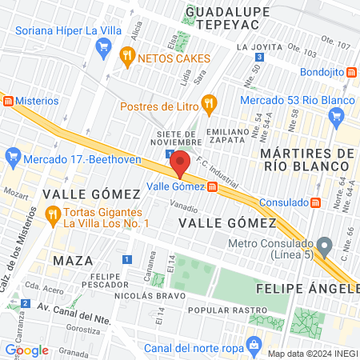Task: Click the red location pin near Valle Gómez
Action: (x=180, y=162)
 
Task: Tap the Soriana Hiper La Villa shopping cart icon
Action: (x=102, y=47)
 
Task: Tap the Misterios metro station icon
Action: (x=8, y=101)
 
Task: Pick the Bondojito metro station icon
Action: (x=350, y=72)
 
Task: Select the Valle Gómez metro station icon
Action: (x=213, y=187)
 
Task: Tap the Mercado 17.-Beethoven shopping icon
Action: (x=11, y=154)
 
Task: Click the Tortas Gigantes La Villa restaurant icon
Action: (x=53, y=213)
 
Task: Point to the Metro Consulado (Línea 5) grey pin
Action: (x=324, y=243)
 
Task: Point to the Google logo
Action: (x=26, y=350)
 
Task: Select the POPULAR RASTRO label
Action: (x=225, y=310)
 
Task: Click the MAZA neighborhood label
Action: (x=73, y=260)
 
